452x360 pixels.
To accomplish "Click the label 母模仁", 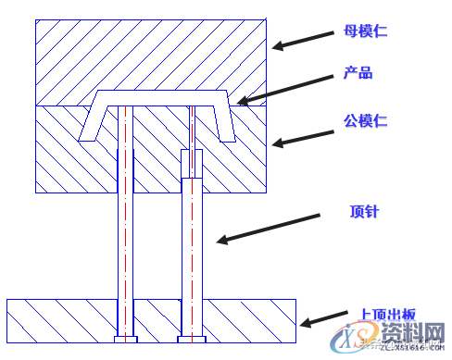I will click(369, 31).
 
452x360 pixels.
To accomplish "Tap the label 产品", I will click(358, 73).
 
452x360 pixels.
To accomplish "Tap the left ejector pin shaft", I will click(124, 222).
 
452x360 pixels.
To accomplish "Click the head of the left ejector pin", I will click(124, 339).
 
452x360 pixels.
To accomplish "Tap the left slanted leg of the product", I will click(91, 120).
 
